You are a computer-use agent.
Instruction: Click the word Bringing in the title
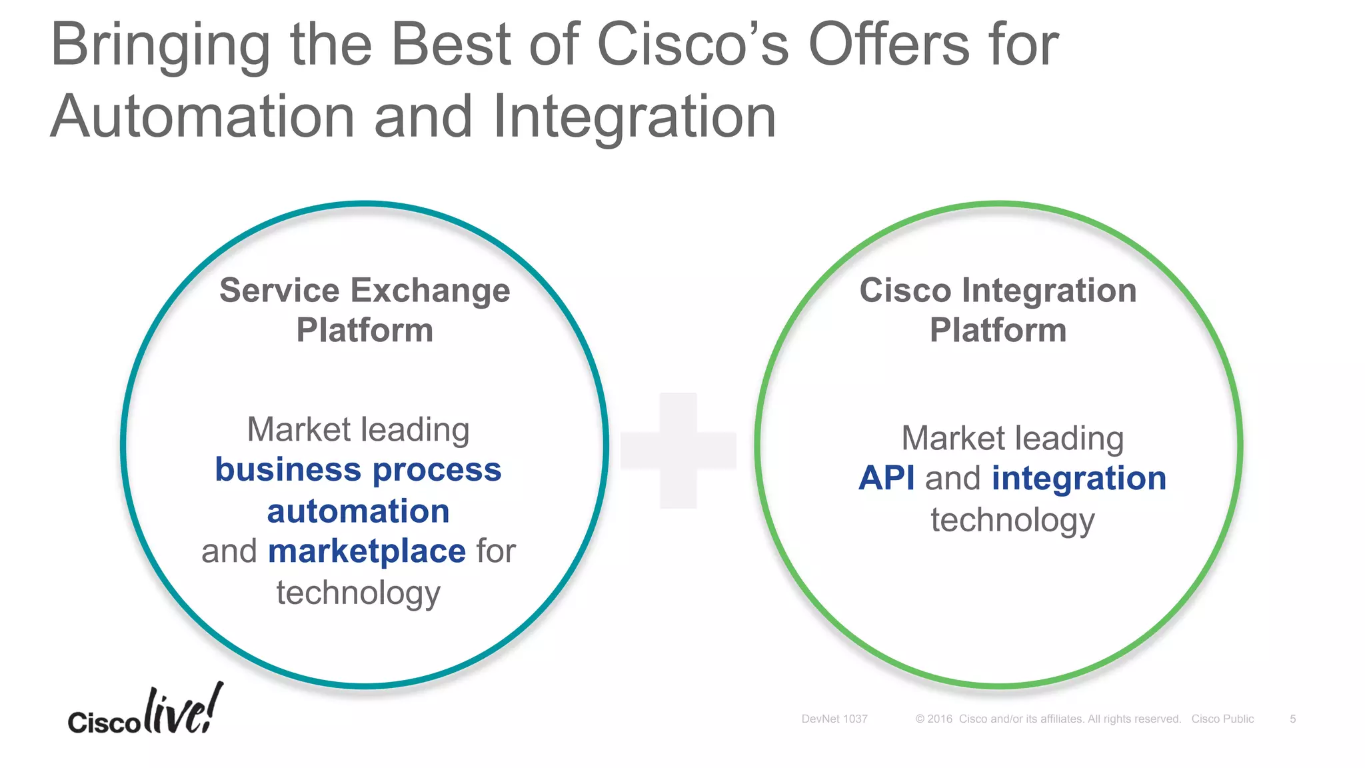coord(160,45)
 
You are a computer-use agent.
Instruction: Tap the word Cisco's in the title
coord(692,45)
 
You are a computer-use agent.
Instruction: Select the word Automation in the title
coord(202,117)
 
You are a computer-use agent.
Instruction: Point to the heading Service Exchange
coord(365,291)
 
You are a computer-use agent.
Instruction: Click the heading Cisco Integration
coord(998,291)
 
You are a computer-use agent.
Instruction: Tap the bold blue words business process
coord(358,470)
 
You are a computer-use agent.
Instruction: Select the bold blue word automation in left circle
coord(358,511)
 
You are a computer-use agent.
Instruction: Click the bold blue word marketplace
coord(367,551)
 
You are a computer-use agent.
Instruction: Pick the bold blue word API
coord(886,479)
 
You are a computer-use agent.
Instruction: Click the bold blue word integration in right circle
coord(1079,479)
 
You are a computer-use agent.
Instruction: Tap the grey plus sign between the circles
coord(679,450)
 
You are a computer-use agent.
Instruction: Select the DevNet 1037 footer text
coord(834,719)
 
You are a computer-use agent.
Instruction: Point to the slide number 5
coord(1292,719)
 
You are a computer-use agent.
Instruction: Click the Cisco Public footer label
coord(1222,719)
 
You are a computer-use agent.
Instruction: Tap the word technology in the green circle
coord(1012,520)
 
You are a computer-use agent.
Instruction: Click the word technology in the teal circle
coord(358,593)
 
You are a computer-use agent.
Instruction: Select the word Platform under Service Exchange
coord(365,331)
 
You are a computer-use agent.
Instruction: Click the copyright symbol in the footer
coord(920,719)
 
